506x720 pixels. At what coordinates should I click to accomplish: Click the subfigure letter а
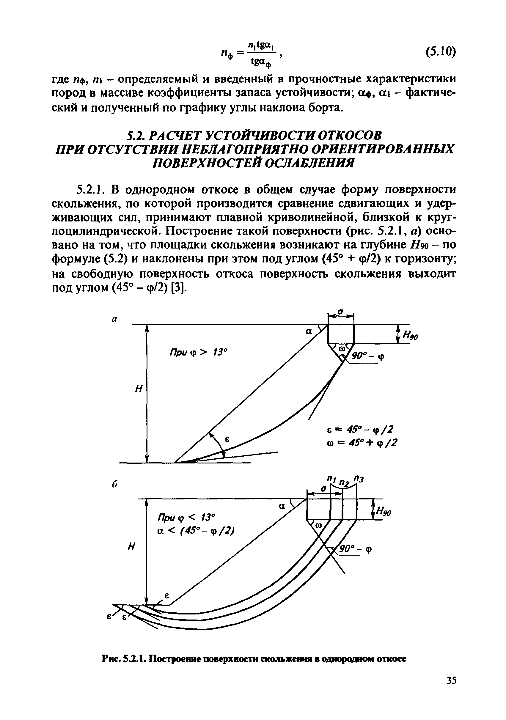point(114,319)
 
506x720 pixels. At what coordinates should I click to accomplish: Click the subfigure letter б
point(115,484)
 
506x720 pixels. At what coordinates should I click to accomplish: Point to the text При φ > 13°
point(198,353)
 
